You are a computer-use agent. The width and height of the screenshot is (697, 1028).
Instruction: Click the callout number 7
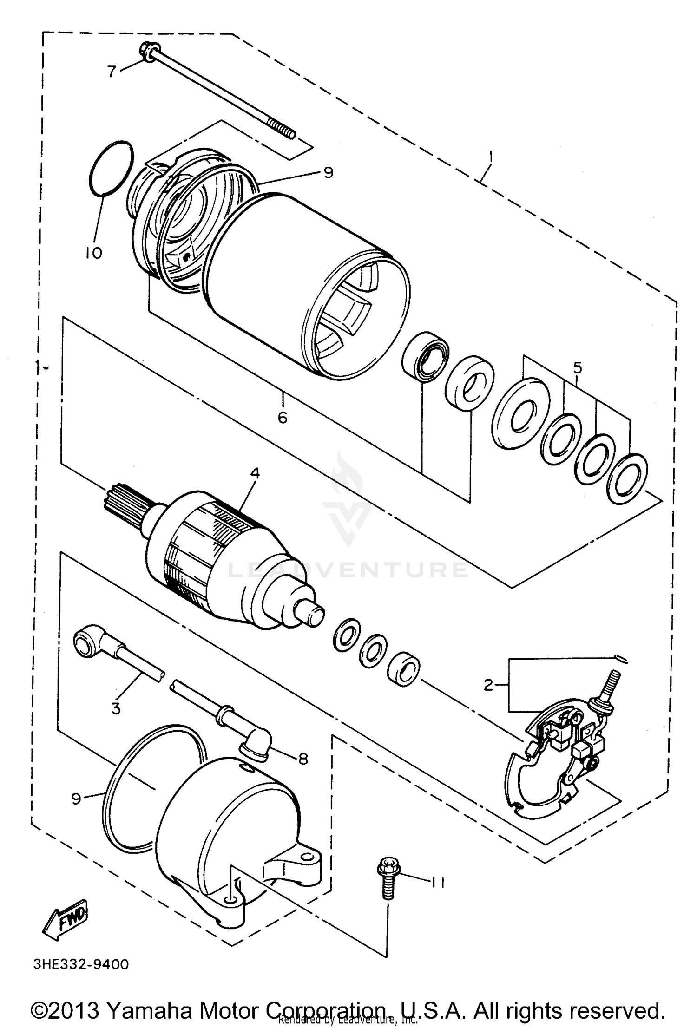111,72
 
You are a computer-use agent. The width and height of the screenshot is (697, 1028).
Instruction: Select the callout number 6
283,418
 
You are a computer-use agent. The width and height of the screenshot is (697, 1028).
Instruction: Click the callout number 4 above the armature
255,473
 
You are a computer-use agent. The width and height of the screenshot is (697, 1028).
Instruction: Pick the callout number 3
116,709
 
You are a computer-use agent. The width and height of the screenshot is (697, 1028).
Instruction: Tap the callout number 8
303,759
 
